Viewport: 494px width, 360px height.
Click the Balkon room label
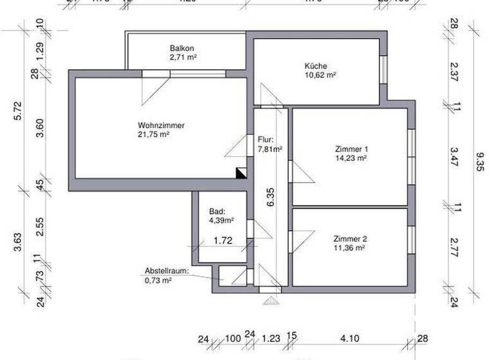pyautogui.click(x=182, y=49)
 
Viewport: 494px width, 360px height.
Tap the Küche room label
pyautogui.click(x=316, y=66)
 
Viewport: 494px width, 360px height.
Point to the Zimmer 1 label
pyautogui.click(x=351, y=148)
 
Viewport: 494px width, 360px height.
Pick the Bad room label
pyautogui.click(x=217, y=212)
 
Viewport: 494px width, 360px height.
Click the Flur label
pyautogui.click(x=266, y=139)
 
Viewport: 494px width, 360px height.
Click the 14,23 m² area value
pyautogui.click(x=351, y=157)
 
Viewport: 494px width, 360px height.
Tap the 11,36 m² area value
pyautogui.click(x=349, y=247)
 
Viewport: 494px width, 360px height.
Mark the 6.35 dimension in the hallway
pyautogui.click(x=271, y=197)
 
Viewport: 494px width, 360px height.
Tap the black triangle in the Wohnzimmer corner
pyautogui.click(x=241, y=172)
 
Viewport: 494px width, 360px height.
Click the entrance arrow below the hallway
pyautogui.click(x=271, y=299)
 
